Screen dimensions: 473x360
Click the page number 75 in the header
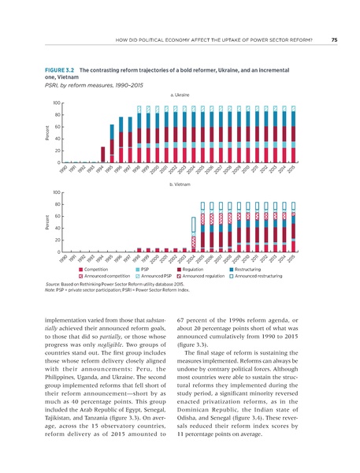tap(334, 40)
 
